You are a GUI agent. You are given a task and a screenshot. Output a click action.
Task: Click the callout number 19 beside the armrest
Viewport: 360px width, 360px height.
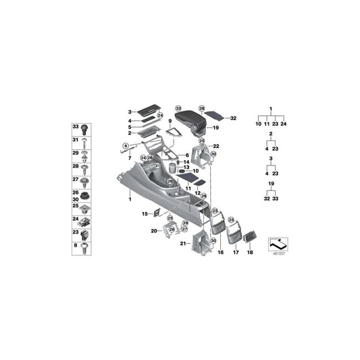216,128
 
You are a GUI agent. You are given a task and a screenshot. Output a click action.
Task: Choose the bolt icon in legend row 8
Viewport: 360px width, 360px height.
86,246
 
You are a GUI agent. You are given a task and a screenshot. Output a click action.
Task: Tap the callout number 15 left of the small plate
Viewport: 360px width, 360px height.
145,214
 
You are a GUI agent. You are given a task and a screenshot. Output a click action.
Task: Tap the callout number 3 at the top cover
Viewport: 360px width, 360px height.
129,112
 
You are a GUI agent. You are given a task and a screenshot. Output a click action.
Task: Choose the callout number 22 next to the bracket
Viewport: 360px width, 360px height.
216,147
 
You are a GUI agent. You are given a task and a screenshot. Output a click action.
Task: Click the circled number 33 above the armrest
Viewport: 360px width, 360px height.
178,108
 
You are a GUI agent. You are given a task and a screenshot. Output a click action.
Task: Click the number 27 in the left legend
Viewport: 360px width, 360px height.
76,180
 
